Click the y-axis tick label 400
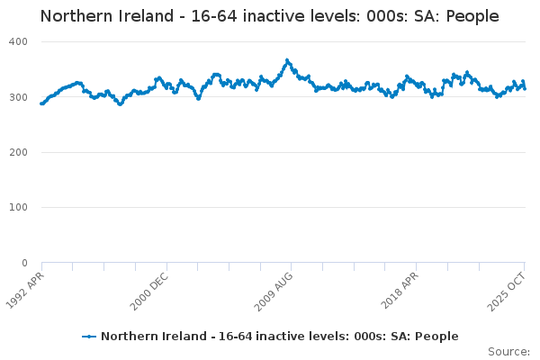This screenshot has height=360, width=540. (19, 41)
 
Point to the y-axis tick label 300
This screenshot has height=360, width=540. (19, 97)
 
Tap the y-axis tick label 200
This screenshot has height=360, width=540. (19, 152)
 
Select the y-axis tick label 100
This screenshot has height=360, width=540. (19, 208)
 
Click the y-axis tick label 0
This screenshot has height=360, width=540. (24, 263)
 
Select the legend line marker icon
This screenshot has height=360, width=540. (88, 337)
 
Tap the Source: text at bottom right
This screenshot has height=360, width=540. (508, 351)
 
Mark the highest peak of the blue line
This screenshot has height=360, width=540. (287, 60)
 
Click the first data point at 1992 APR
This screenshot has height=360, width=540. (41, 103)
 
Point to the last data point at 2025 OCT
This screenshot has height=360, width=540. (525, 88)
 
